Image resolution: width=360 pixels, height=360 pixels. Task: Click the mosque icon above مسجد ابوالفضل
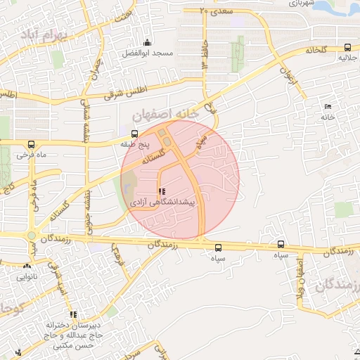click(146, 42)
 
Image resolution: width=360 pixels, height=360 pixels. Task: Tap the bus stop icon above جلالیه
click(347, 48)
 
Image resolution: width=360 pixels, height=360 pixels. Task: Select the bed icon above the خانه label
click(328, 106)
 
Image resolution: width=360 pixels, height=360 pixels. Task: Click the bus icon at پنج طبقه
click(135, 133)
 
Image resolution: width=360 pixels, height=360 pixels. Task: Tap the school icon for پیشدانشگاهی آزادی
click(162, 191)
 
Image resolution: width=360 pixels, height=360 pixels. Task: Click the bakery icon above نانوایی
click(27, 266)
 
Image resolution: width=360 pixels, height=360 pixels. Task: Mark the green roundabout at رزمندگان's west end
click(32, 236)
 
